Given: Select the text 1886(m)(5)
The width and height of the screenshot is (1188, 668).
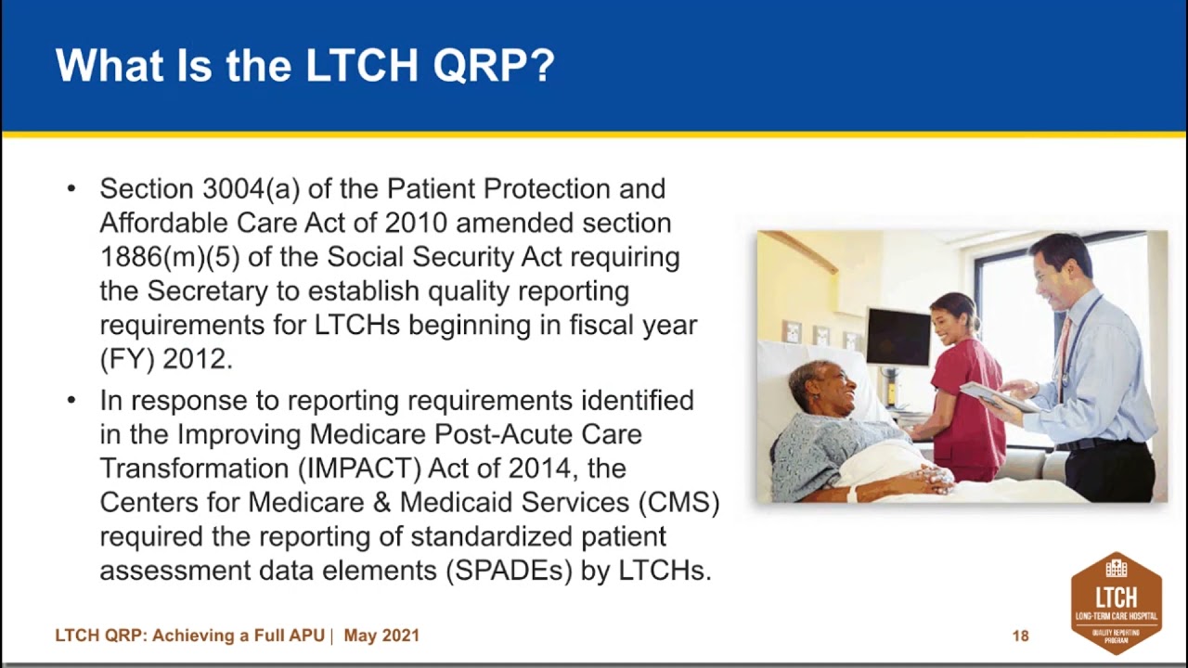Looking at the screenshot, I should click(x=169, y=257).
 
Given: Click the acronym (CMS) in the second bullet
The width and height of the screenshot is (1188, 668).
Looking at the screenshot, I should click(x=678, y=502).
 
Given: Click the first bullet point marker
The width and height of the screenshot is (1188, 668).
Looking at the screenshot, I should click(x=71, y=189).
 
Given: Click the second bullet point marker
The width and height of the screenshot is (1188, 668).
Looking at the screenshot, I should click(x=71, y=401).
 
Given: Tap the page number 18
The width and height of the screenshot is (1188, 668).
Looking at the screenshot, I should click(x=1020, y=636).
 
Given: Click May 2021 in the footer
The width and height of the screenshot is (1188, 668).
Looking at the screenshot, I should click(x=381, y=636).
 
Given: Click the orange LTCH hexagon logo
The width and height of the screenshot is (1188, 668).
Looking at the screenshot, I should click(x=1116, y=603).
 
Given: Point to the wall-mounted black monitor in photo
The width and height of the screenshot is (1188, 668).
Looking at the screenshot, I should click(x=897, y=337).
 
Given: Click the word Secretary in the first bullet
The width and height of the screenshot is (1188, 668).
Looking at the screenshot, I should click(x=207, y=291).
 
